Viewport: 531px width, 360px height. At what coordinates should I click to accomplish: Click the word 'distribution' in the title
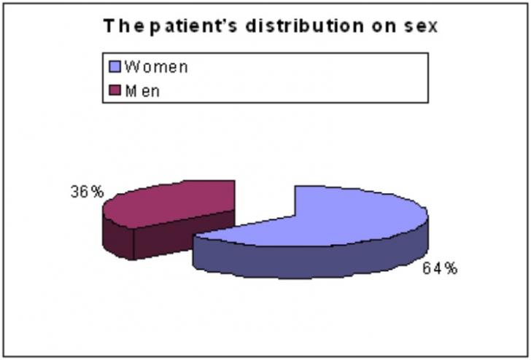tap(304, 26)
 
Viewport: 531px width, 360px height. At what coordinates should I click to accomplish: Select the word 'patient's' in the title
tap(193, 27)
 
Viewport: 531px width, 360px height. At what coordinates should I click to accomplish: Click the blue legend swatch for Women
tap(115, 66)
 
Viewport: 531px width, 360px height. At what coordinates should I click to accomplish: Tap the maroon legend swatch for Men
tap(115, 90)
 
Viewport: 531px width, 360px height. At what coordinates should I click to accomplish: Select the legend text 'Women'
tap(156, 66)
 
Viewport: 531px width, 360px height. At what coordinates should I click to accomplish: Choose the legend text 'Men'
tap(142, 90)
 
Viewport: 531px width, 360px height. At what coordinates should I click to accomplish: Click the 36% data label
tap(87, 192)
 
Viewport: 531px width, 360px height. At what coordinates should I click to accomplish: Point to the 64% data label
tap(440, 269)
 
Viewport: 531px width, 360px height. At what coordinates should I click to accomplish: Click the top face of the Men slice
tap(169, 203)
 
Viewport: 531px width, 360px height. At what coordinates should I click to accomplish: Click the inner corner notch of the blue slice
tap(295, 215)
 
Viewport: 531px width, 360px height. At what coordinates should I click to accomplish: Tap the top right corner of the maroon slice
tap(235, 181)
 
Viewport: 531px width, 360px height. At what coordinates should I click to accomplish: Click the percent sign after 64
tap(451, 269)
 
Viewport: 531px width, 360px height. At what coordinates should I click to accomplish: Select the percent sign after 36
tap(98, 192)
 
